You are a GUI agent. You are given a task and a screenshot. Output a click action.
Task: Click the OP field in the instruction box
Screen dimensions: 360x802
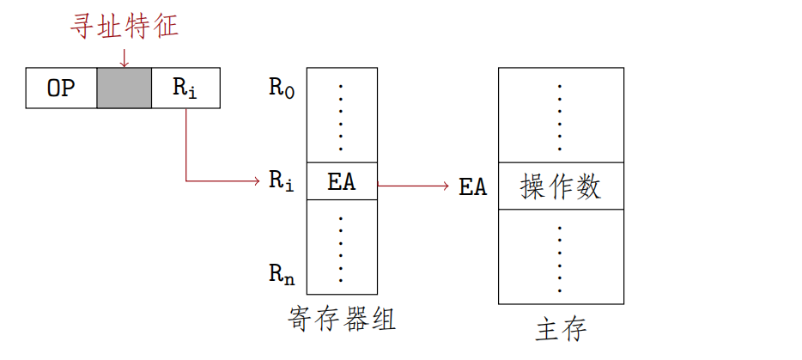[61, 88]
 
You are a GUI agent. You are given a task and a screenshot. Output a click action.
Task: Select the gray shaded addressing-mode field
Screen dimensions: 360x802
[124, 88]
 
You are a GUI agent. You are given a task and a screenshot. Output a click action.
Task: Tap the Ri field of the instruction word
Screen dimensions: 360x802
[185, 88]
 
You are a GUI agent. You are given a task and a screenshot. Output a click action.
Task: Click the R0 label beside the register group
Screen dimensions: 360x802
[282, 88]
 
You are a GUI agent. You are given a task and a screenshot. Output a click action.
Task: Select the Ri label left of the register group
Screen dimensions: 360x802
[282, 181]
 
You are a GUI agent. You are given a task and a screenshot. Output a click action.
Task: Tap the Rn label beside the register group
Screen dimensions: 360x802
[282, 274]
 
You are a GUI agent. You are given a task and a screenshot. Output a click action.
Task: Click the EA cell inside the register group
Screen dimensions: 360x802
[342, 181]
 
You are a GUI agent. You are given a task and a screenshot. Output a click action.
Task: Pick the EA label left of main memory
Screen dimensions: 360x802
[473, 186]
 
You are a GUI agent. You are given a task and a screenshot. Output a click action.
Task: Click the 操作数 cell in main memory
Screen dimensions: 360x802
[561, 186]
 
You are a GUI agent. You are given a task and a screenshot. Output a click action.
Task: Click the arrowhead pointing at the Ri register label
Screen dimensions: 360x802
[255, 181]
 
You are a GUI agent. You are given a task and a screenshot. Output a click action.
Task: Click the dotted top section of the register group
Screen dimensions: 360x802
[342, 115]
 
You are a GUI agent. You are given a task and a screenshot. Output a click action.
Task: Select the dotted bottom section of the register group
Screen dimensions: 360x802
[342, 247]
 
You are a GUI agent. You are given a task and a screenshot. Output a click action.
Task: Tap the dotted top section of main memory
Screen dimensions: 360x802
[561, 115]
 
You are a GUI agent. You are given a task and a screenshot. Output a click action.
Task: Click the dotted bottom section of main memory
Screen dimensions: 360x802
[561, 256]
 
